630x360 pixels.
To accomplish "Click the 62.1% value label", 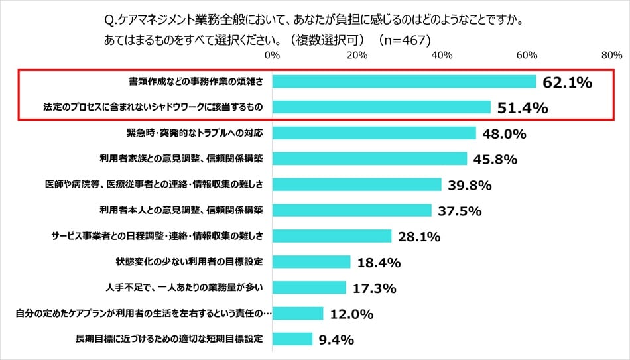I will (566, 83).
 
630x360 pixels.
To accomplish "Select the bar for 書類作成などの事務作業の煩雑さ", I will (404, 82).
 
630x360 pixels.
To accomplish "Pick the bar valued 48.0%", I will (374, 133).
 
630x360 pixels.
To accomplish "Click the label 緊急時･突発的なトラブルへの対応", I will (190, 133).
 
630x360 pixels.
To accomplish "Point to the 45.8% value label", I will (495, 160).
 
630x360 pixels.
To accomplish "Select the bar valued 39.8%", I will (357, 184).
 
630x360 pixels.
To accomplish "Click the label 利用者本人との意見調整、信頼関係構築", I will (181, 210).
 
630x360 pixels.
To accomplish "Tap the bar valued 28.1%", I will (332, 236).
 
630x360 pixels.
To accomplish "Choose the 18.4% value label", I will (379, 263).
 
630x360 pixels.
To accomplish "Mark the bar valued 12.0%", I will (298, 314).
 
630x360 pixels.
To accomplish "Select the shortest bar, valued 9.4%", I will (292, 339).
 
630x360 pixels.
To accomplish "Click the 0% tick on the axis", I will (272, 56).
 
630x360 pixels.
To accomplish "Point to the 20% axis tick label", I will (357, 56).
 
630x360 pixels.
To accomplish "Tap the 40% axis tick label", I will (442, 56).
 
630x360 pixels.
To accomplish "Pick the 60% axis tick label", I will (527, 56).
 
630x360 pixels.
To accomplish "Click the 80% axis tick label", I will (611, 56).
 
